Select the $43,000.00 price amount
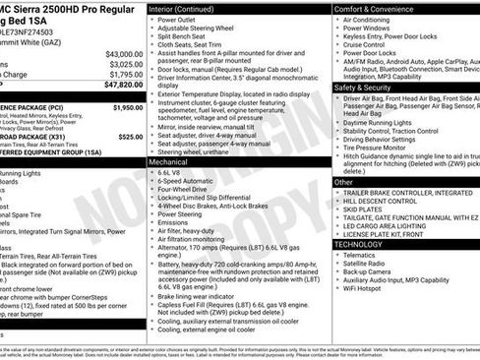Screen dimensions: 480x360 (x=123, y=53)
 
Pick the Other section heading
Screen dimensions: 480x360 (x=343, y=182)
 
